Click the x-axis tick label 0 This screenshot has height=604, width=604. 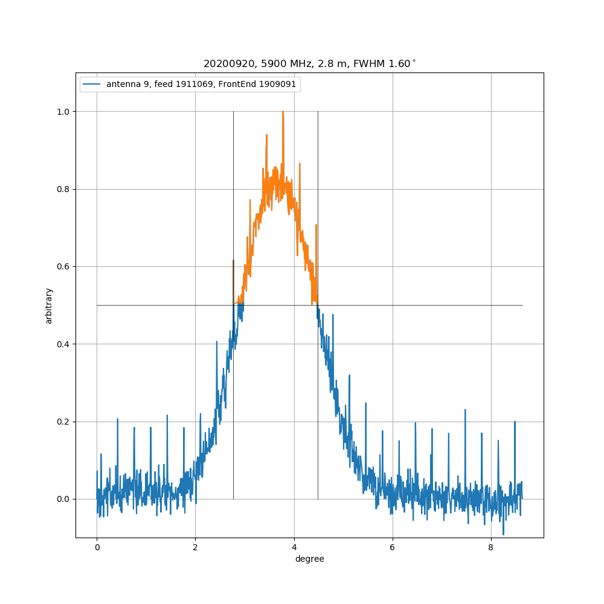pyautogui.click(x=97, y=548)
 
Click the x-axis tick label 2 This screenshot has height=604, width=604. pyautogui.click(x=195, y=548)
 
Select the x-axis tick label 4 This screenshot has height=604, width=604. pyautogui.click(x=294, y=548)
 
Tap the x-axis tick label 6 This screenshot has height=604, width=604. pyautogui.click(x=393, y=548)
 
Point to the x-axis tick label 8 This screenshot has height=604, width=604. pyautogui.click(x=491, y=548)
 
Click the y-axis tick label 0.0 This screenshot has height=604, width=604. pyautogui.click(x=63, y=499)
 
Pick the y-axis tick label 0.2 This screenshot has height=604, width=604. pyautogui.click(x=63, y=422)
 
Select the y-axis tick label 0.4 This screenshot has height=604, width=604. pyautogui.click(x=63, y=344)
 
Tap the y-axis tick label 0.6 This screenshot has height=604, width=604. pyautogui.click(x=63, y=267)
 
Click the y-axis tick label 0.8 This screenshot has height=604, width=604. pyautogui.click(x=63, y=190)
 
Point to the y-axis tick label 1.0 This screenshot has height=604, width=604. pyautogui.click(x=63, y=112)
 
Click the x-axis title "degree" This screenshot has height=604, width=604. pyautogui.click(x=309, y=559)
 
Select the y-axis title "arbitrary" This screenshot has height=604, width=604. pyautogui.click(x=49, y=306)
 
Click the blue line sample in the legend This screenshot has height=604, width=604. pyautogui.click(x=93, y=85)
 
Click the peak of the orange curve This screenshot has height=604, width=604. pyautogui.click(x=283, y=112)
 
